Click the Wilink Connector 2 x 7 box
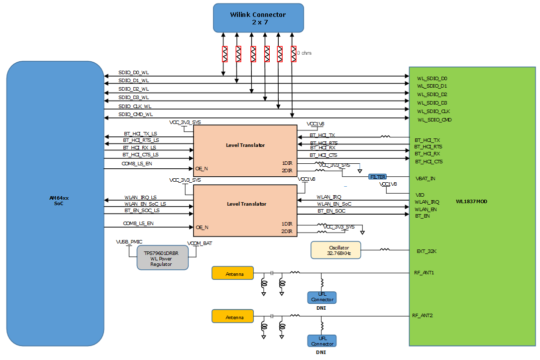[258, 18]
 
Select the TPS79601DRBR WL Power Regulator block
[162, 258]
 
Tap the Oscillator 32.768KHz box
[335, 250]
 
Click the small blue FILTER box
[378, 177]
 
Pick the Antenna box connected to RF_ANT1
[232, 273]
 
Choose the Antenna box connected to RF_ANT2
[232, 317]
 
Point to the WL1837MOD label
[471, 202]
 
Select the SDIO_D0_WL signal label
[134, 73]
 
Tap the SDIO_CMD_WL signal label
[135, 115]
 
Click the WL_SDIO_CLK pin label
[433, 111]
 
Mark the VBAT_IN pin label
[426, 178]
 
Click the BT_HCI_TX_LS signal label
[140, 133]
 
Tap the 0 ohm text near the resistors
[304, 53]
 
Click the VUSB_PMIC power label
[128, 241]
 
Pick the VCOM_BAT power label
[200, 243]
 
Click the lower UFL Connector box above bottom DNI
[322, 341]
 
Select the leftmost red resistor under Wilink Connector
[224, 54]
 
